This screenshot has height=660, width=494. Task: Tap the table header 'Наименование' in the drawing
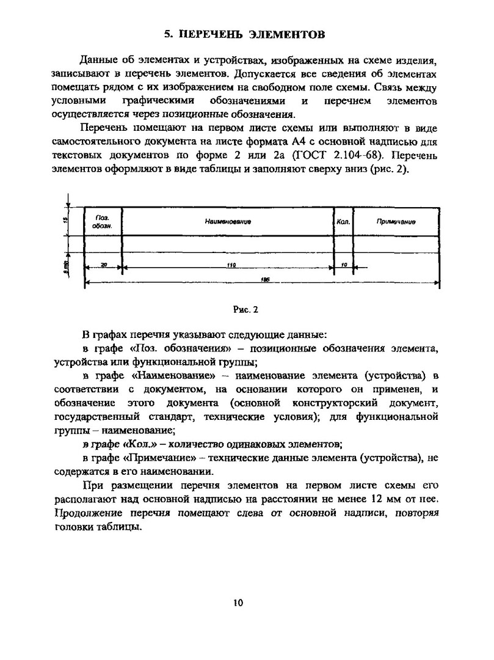point(228,222)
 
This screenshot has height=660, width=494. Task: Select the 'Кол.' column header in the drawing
point(343,222)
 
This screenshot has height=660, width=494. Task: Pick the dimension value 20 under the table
point(103,265)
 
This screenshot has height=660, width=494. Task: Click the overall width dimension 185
point(265,279)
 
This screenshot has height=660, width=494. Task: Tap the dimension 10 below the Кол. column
point(344,265)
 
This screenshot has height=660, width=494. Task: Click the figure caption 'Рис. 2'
point(246,309)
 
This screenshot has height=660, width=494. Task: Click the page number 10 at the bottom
point(238,603)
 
